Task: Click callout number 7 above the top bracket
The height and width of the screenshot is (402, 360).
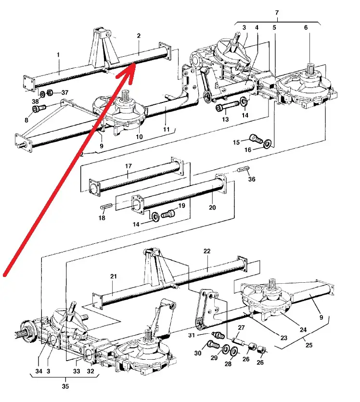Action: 277,12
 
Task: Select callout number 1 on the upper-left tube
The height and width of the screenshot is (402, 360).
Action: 58,55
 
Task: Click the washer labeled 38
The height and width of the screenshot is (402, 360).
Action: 42,93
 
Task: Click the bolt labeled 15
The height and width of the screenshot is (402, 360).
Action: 256,139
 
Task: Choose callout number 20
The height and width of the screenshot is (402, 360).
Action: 212,208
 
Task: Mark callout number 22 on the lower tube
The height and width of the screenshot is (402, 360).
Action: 207,251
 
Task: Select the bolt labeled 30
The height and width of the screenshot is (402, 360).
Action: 212,345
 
